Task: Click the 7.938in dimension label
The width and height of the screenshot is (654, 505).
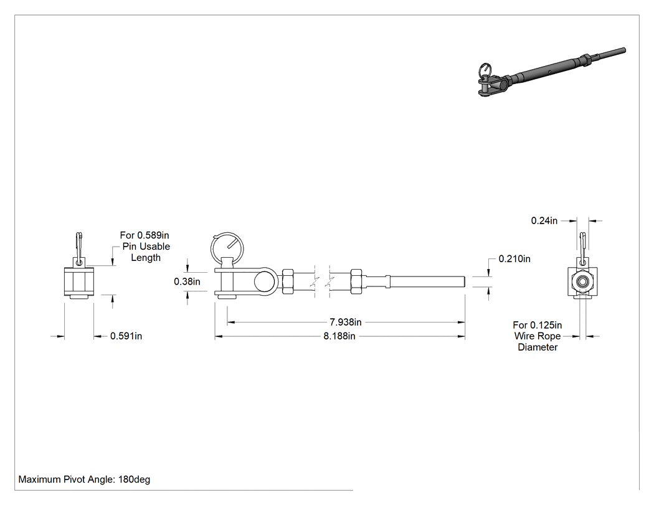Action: (x=345, y=322)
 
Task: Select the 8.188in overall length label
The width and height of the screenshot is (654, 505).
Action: (x=339, y=336)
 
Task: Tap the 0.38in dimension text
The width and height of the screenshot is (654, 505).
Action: (x=187, y=281)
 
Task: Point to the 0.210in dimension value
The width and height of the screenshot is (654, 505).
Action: (x=514, y=259)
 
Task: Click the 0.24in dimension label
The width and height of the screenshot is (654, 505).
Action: (x=544, y=220)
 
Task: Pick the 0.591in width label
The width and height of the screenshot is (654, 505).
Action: (x=126, y=336)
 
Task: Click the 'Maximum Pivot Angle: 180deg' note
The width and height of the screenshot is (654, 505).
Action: (x=84, y=479)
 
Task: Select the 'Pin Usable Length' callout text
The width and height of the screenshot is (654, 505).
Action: (x=146, y=252)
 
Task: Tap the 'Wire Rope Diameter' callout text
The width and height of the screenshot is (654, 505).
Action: (x=537, y=341)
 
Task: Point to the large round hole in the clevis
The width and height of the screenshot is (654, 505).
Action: (x=265, y=281)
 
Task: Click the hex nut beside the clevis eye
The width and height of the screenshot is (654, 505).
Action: (x=288, y=281)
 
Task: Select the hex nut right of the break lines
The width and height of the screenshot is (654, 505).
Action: (x=356, y=281)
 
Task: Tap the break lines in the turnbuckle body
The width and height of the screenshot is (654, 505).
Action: (x=322, y=281)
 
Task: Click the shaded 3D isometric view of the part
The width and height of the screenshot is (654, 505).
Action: (x=551, y=73)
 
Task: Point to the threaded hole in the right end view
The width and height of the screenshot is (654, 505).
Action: (x=581, y=281)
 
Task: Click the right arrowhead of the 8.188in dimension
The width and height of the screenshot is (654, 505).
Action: (x=462, y=336)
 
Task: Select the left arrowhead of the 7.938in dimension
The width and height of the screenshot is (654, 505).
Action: (x=231, y=322)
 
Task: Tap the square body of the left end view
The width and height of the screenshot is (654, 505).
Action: (x=79, y=281)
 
